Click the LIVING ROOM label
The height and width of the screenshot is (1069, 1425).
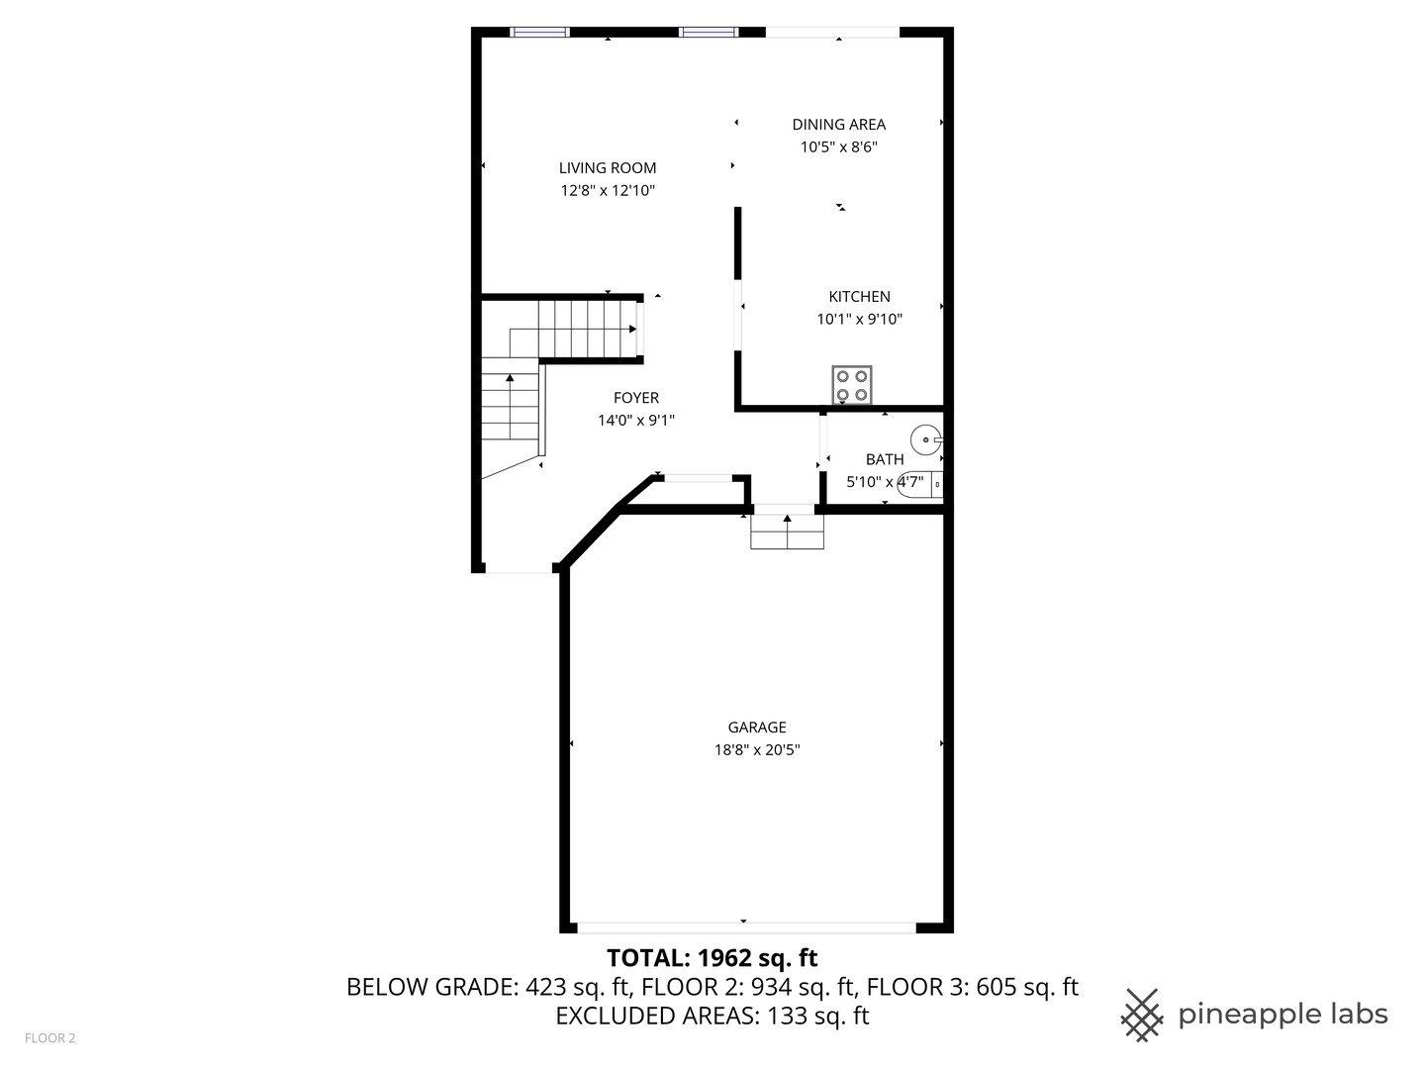tap(608, 168)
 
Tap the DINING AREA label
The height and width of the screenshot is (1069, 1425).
tap(838, 125)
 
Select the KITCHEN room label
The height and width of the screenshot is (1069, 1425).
tap(859, 297)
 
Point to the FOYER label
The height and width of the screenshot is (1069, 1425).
tap(635, 398)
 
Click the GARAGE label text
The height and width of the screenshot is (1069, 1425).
tap(757, 728)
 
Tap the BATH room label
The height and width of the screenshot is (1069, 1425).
tap(885, 459)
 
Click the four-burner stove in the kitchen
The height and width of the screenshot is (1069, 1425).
tap(851, 385)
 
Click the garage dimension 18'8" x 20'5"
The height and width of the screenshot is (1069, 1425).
tap(757, 750)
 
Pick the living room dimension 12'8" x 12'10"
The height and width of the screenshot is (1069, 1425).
tap(608, 191)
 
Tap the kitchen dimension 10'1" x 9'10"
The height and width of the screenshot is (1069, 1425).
tap(859, 320)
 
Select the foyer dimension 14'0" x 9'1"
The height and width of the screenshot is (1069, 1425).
tap(635, 421)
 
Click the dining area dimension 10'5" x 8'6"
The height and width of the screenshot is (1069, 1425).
tap(838, 147)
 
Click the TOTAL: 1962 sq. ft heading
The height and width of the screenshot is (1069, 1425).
tap(712, 958)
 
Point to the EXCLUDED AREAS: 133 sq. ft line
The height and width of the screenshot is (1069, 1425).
tap(712, 1016)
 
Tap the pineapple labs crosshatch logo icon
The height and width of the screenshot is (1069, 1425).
tap(1142, 1015)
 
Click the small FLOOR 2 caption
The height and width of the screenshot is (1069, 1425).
tap(49, 1038)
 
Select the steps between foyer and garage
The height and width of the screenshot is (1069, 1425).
tap(787, 532)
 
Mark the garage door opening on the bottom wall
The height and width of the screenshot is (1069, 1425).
tap(746, 927)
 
